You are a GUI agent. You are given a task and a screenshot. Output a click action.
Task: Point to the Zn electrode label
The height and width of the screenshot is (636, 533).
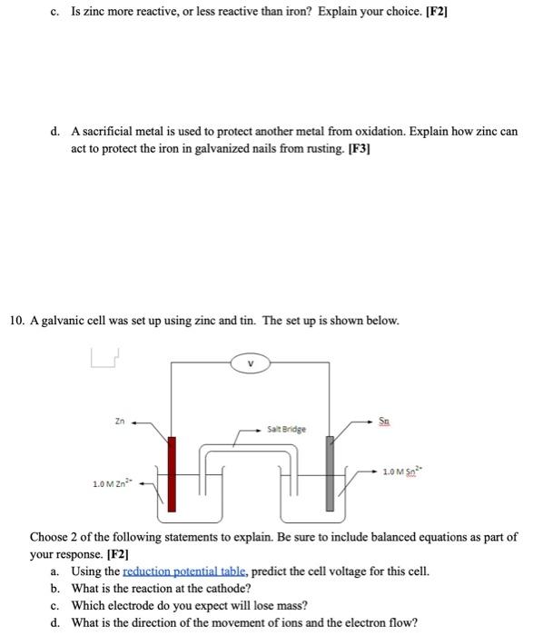tap(119, 422)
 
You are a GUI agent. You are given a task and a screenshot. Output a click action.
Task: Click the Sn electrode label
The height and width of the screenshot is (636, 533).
tap(385, 420)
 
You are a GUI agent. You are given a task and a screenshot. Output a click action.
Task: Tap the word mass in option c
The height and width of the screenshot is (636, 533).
tap(288, 605)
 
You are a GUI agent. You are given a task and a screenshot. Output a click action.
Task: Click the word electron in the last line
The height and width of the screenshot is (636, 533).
tap(361, 622)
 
